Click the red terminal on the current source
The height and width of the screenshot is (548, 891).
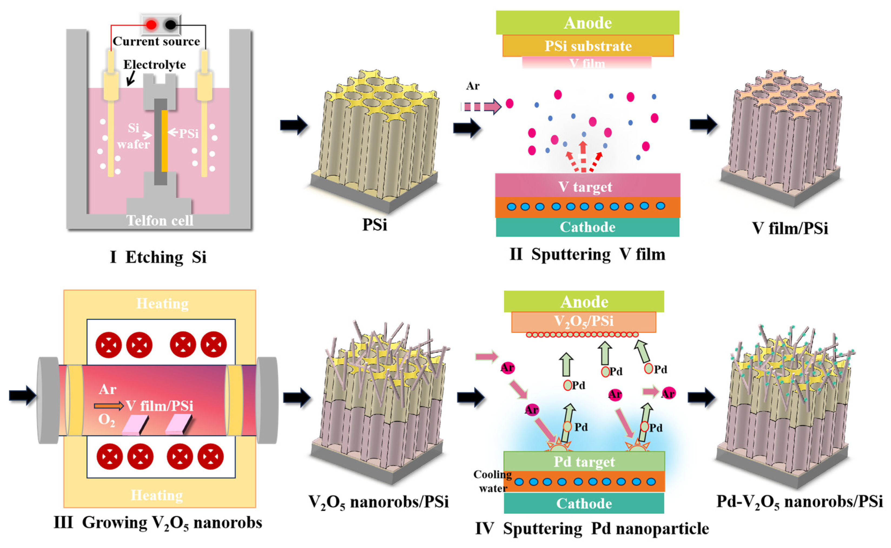(151, 25)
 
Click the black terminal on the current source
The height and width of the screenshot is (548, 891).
(170, 25)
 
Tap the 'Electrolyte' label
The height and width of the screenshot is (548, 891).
(155, 64)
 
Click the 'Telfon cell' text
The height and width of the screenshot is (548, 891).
(160, 220)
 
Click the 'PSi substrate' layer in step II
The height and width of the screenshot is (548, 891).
(588, 46)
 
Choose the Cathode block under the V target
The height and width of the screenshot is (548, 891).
(587, 227)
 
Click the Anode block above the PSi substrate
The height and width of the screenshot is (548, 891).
(587, 22)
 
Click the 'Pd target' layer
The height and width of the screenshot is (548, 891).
(584, 461)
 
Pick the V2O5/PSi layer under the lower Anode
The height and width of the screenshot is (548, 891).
(584, 321)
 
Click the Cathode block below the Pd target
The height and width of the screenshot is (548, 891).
(584, 503)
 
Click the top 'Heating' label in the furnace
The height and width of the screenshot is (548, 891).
(162, 303)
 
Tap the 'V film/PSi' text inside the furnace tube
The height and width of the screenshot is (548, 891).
(159, 406)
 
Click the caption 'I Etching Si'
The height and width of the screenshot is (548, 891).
(158, 257)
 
